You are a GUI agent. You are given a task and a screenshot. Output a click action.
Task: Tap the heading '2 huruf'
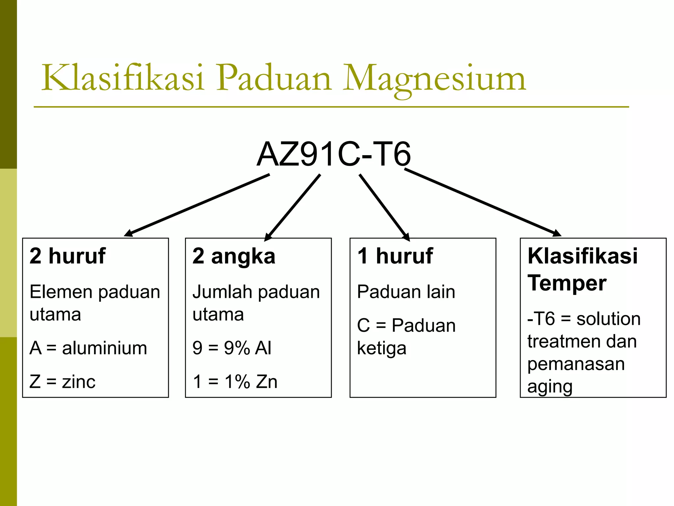(x=67, y=256)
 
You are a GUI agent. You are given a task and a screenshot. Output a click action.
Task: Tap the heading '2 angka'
(x=234, y=256)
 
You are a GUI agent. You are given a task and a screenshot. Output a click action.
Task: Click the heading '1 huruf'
(x=395, y=256)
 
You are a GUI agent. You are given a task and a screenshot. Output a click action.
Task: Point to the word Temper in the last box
(x=567, y=283)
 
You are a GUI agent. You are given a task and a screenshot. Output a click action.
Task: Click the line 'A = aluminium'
(x=88, y=348)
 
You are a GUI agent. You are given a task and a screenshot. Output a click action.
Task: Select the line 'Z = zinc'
(x=63, y=382)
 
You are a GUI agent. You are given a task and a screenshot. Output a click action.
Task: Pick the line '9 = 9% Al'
(x=232, y=348)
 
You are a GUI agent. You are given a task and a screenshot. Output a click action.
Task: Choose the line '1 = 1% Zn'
(x=235, y=382)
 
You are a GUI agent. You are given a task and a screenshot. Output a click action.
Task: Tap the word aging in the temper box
(x=550, y=387)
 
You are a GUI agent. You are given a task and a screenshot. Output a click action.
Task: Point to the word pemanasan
(x=576, y=364)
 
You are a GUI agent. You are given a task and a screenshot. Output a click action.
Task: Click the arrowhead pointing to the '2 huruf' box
(x=128, y=234)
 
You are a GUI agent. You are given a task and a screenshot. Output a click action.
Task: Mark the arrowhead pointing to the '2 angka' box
(x=268, y=237)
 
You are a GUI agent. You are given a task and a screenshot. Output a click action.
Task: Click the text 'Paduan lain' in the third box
(x=406, y=292)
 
